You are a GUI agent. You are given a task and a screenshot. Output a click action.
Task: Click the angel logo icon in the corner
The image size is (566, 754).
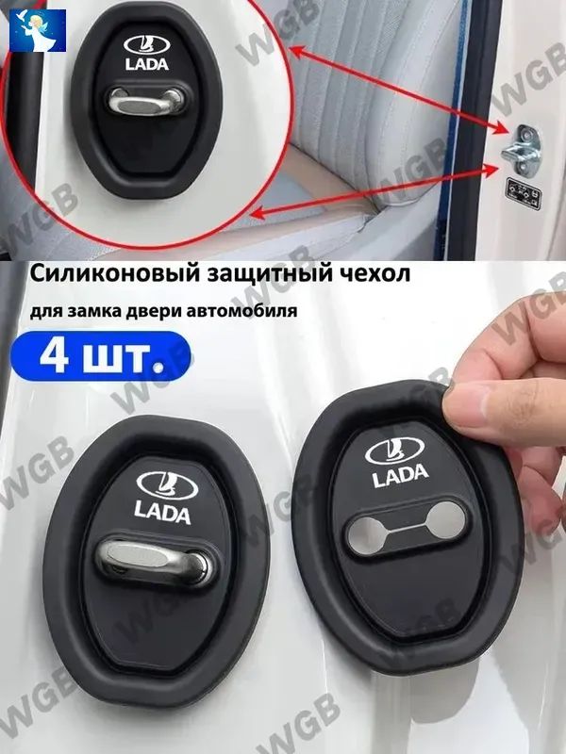[x=38, y=30]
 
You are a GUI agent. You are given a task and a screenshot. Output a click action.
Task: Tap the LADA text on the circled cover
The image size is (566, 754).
[x=147, y=64]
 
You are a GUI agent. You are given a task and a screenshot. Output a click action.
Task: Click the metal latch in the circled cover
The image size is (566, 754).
[x=146, y=101]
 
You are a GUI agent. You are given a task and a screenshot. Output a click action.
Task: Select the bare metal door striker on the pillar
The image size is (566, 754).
[x=521, y=151]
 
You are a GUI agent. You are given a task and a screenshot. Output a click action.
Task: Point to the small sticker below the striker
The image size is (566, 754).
[x=523, y=193]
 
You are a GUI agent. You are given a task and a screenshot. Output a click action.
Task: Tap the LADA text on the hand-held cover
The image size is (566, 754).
[x=400, y=475]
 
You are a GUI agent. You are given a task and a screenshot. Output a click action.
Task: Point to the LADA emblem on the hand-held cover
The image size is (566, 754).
[x=394, y=451]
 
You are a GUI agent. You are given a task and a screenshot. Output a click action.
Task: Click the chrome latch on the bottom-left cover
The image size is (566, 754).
[x=154, y=561]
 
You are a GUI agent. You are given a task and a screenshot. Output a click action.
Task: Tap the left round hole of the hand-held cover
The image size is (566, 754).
[x=366, y=534]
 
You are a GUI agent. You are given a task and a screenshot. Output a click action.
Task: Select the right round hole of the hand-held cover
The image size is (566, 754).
[x=445, y=519]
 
